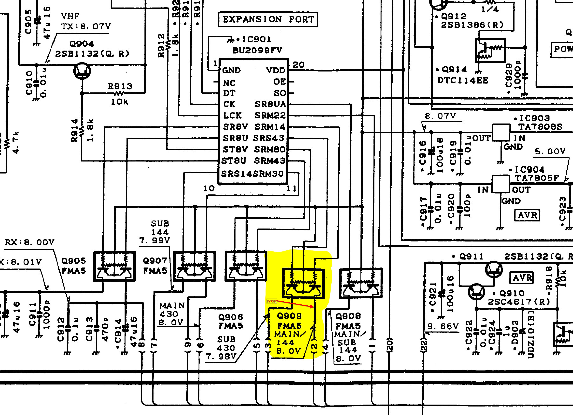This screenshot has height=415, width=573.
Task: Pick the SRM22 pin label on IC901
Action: coord(270,116)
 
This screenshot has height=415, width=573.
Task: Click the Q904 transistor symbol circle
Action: coord(82,71)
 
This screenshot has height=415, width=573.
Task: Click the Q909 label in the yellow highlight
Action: coord(289,316)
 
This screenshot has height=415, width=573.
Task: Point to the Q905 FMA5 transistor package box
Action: coord(114,266)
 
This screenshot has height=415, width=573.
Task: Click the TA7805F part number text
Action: coord(537,178)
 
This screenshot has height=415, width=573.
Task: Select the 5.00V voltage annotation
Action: coord(550,152)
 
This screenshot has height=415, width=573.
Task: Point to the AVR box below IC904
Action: coord(527,215)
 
